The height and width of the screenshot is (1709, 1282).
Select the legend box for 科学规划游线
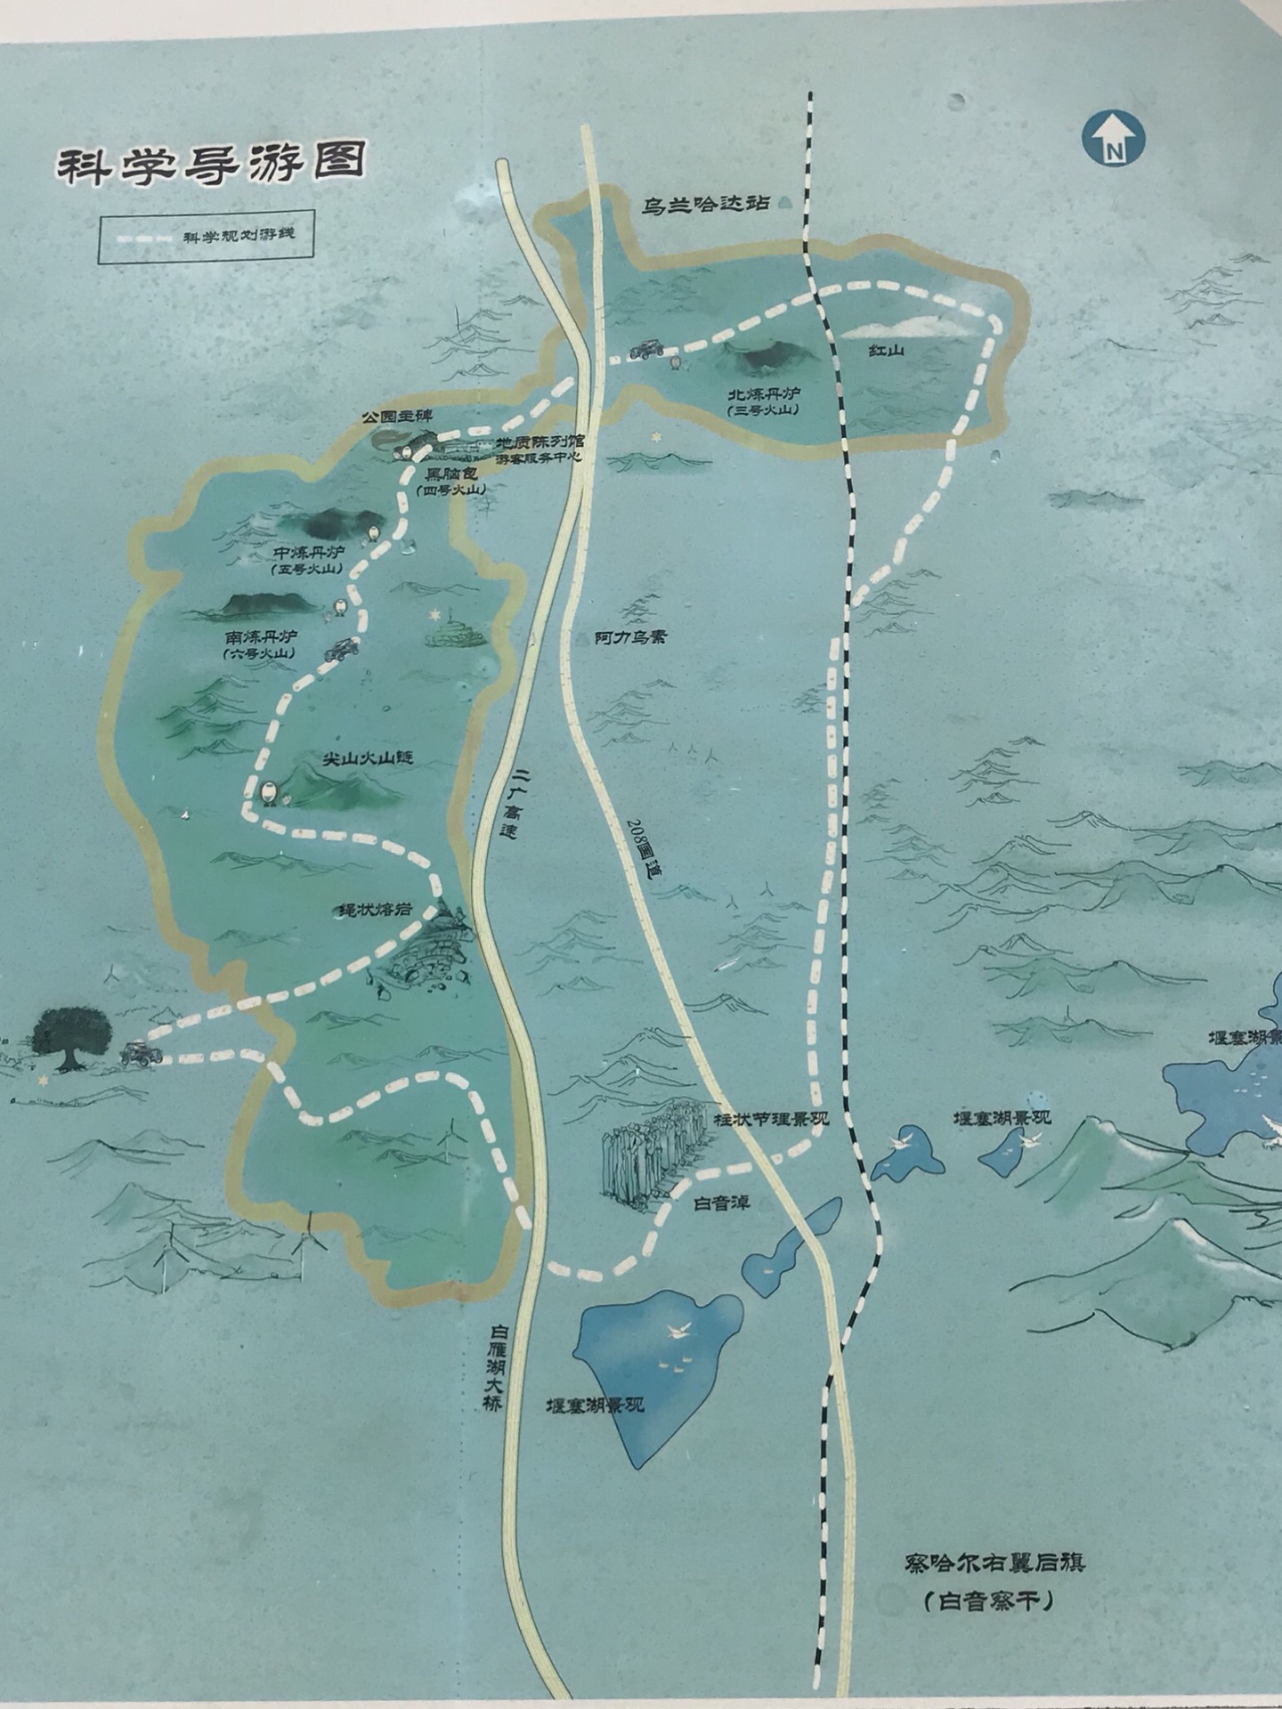point(206,237)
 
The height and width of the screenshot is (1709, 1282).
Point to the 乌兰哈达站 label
point(706,204)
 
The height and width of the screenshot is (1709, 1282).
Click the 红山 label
point(887,351)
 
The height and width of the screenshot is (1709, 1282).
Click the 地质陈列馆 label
point(540,441)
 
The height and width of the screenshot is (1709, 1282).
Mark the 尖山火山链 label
point(367,759)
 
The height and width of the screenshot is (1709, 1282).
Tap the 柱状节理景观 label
point(771,1119)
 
